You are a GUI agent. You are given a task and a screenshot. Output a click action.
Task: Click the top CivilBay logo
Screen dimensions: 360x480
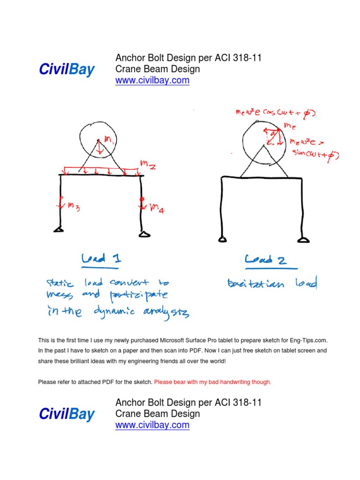[67, 70]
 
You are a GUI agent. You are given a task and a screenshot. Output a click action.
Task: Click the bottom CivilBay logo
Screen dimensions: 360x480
[67, 414]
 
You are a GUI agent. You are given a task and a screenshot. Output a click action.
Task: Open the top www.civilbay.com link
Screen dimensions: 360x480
[152, 80]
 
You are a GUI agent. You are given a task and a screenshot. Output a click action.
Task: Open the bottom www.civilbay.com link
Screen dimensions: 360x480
[152, 425]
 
